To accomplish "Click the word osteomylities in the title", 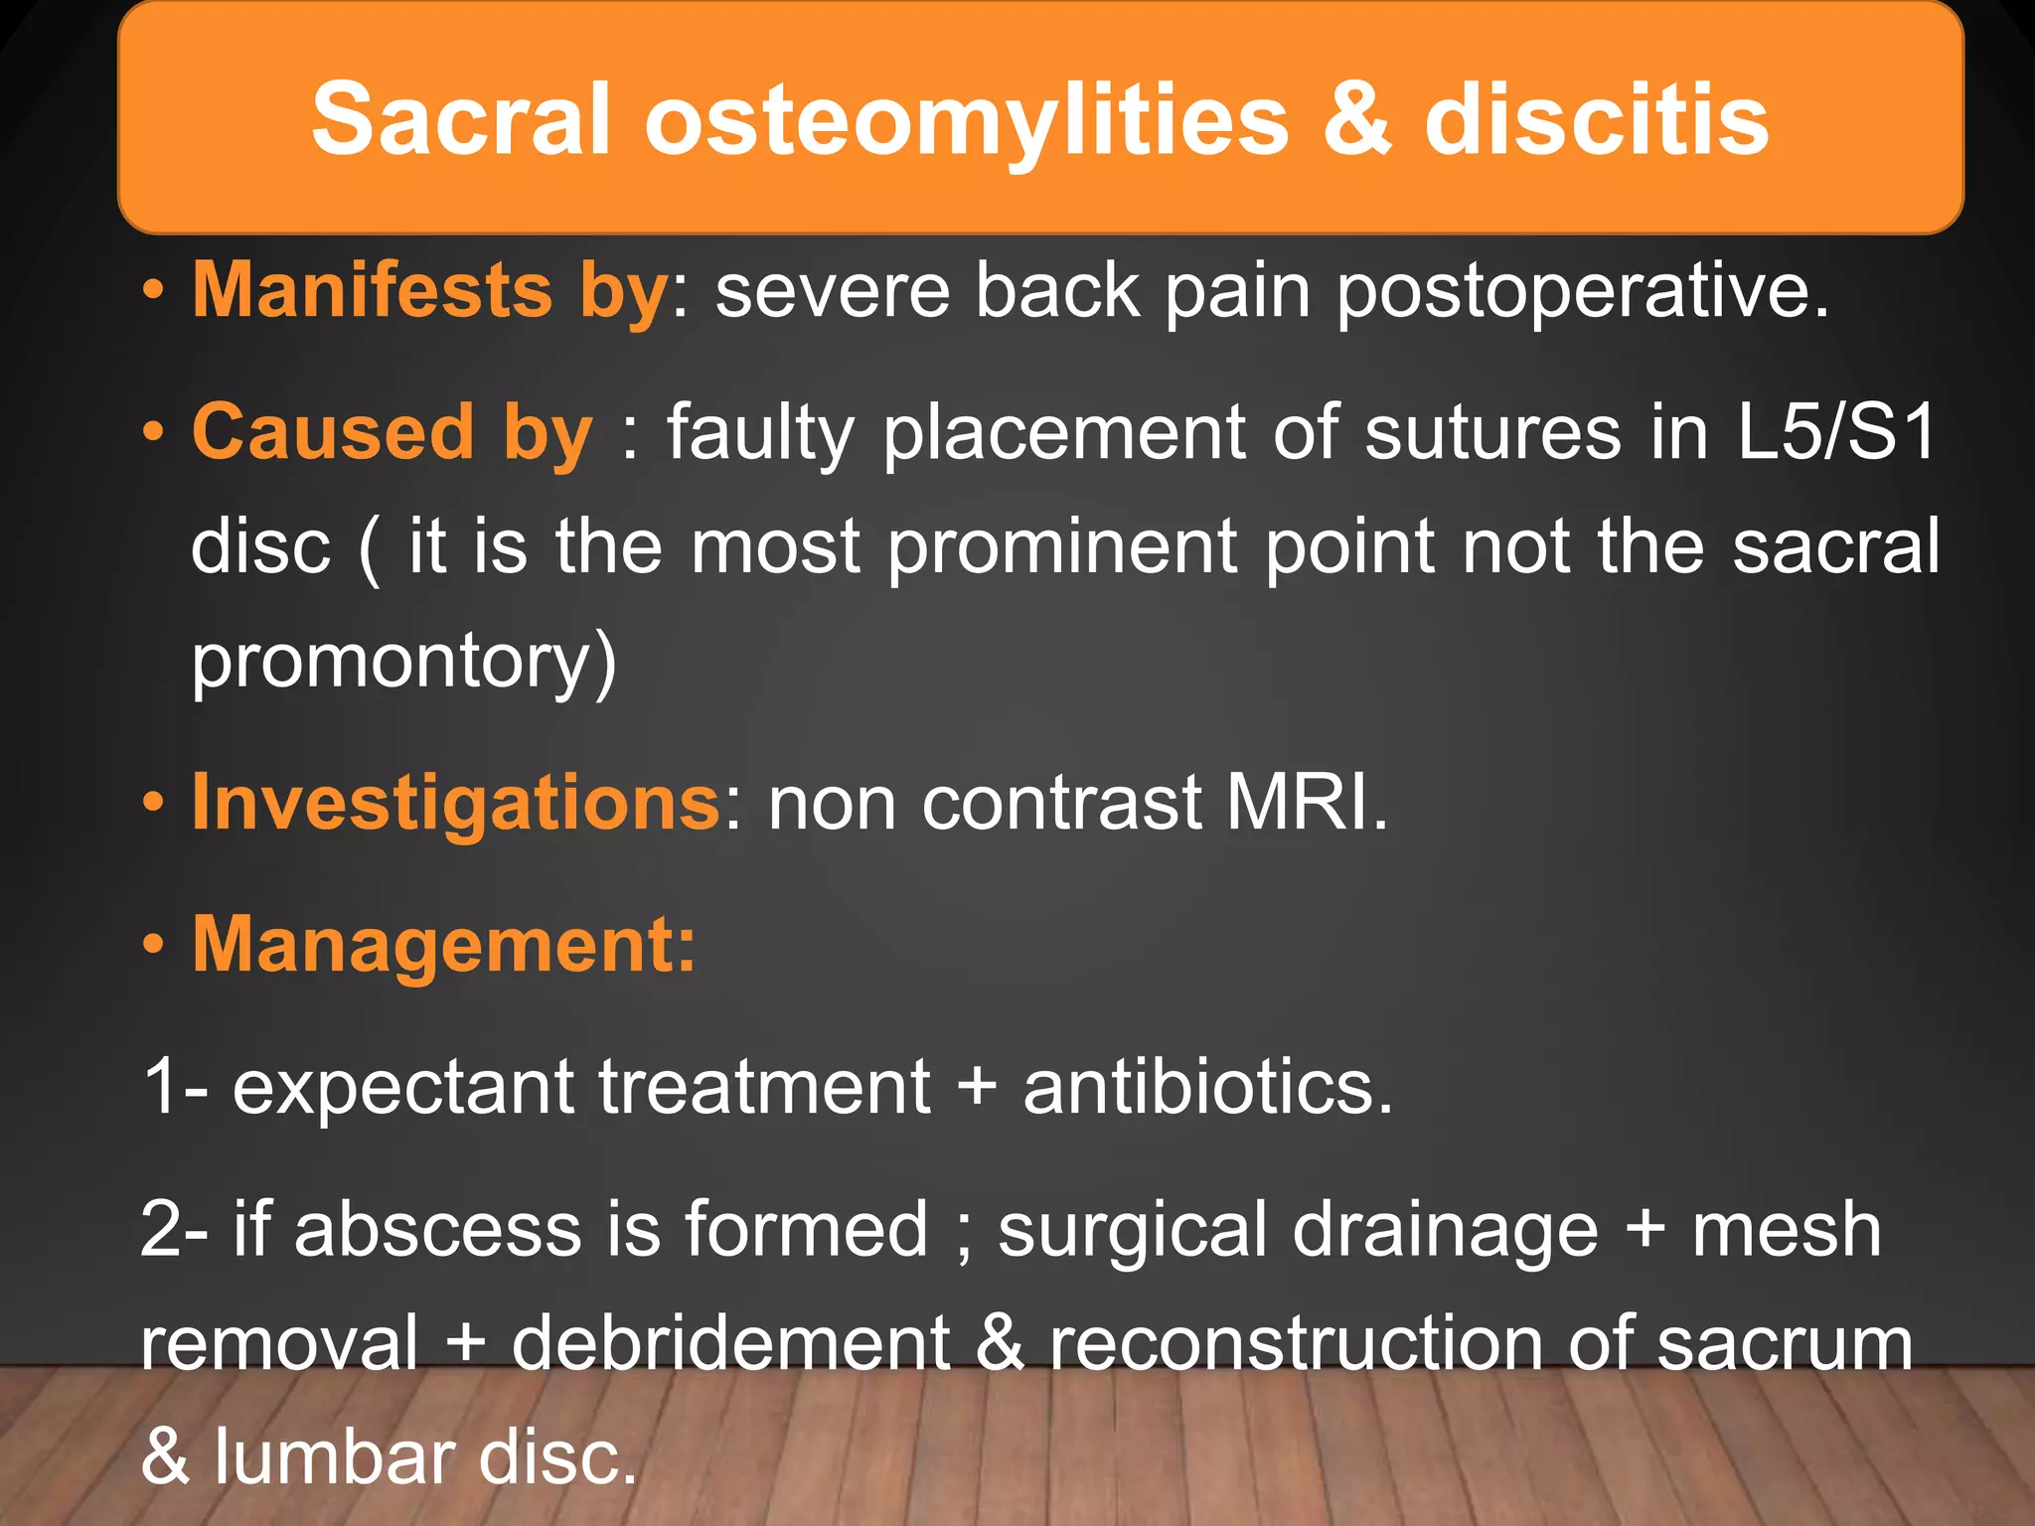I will (x=966, y=121).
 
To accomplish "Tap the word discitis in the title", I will (x=1596, y=119).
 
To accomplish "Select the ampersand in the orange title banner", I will (x=1356, y=119).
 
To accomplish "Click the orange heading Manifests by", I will (x=430, y=290).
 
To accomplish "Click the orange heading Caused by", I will (x=392, y=433).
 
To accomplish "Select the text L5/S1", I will (x=1836, y=433).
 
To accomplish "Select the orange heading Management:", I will (x=444, y=945).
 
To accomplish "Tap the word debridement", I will (x=730, y=1343).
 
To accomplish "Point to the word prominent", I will (x=1061, y=549).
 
